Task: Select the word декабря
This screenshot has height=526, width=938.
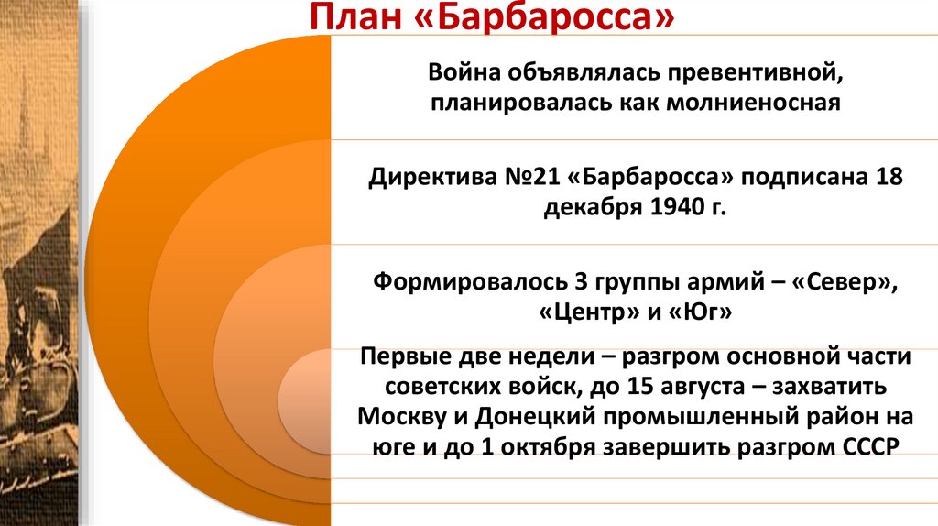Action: click(x=592, y=206)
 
